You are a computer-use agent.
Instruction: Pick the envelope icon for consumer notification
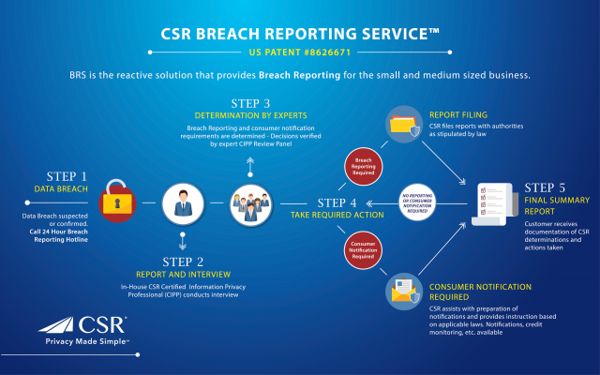(x=404, y=293)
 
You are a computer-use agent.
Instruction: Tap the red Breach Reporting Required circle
(x=367, y=165)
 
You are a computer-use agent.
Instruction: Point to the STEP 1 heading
(x=67, y=175)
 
